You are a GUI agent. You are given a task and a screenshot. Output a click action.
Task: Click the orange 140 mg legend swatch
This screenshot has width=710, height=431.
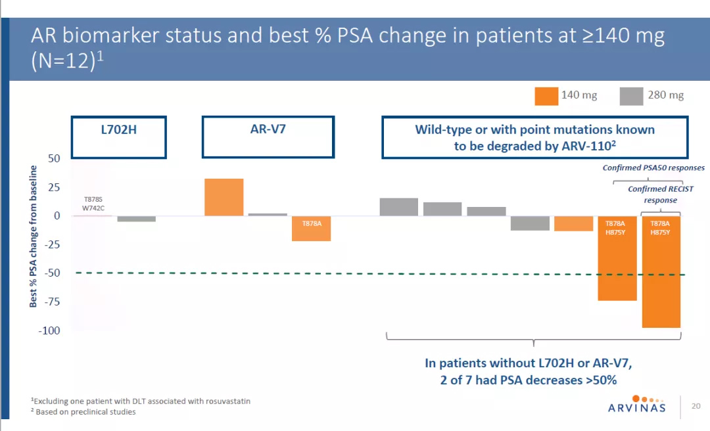546,96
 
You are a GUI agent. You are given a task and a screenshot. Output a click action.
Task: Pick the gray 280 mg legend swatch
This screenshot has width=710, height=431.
631,96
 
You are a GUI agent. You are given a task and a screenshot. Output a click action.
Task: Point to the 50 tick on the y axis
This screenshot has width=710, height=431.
53,158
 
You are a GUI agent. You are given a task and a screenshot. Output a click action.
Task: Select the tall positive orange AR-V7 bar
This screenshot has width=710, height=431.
224,197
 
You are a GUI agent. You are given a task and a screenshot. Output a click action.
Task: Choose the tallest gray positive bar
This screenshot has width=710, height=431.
398,207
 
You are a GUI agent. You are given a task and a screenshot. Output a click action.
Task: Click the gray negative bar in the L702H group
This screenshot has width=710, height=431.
136,219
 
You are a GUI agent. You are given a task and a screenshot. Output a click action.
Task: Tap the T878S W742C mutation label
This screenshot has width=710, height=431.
93,202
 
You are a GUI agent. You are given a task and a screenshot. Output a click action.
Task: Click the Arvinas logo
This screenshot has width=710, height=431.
636,404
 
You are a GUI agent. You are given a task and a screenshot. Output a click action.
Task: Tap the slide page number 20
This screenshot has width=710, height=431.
696,406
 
